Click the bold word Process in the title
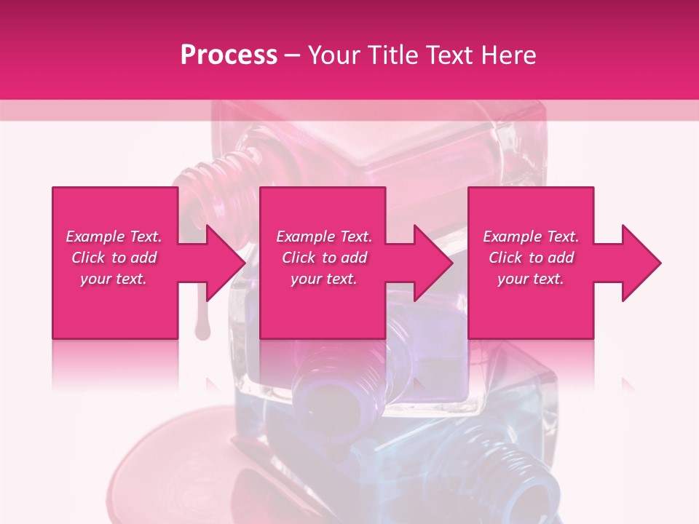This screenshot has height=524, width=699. pos(229,55)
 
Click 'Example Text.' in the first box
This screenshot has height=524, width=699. pos(114,237)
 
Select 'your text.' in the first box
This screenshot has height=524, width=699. pos(114,279)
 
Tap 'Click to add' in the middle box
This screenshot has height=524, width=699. pos(324,258)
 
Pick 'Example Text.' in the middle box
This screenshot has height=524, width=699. pos(324,237)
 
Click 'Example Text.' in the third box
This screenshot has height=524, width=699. pos(531,237)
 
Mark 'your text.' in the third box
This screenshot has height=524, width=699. pos(531,279)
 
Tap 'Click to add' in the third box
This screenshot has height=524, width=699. pos(531,258)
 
